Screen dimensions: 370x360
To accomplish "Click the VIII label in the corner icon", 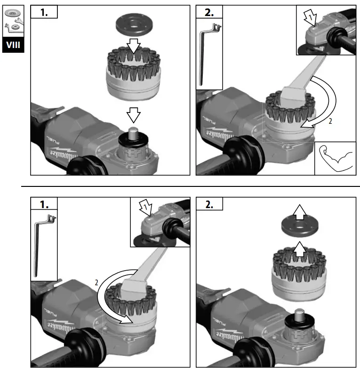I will click(13, 46).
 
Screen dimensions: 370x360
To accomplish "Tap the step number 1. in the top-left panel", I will click(44, 13).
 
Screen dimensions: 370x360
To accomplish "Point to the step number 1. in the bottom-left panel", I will click(44, 205).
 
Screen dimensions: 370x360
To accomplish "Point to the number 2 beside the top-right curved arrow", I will click(330, 121).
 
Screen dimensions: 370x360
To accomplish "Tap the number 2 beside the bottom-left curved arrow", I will click(96, 282).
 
